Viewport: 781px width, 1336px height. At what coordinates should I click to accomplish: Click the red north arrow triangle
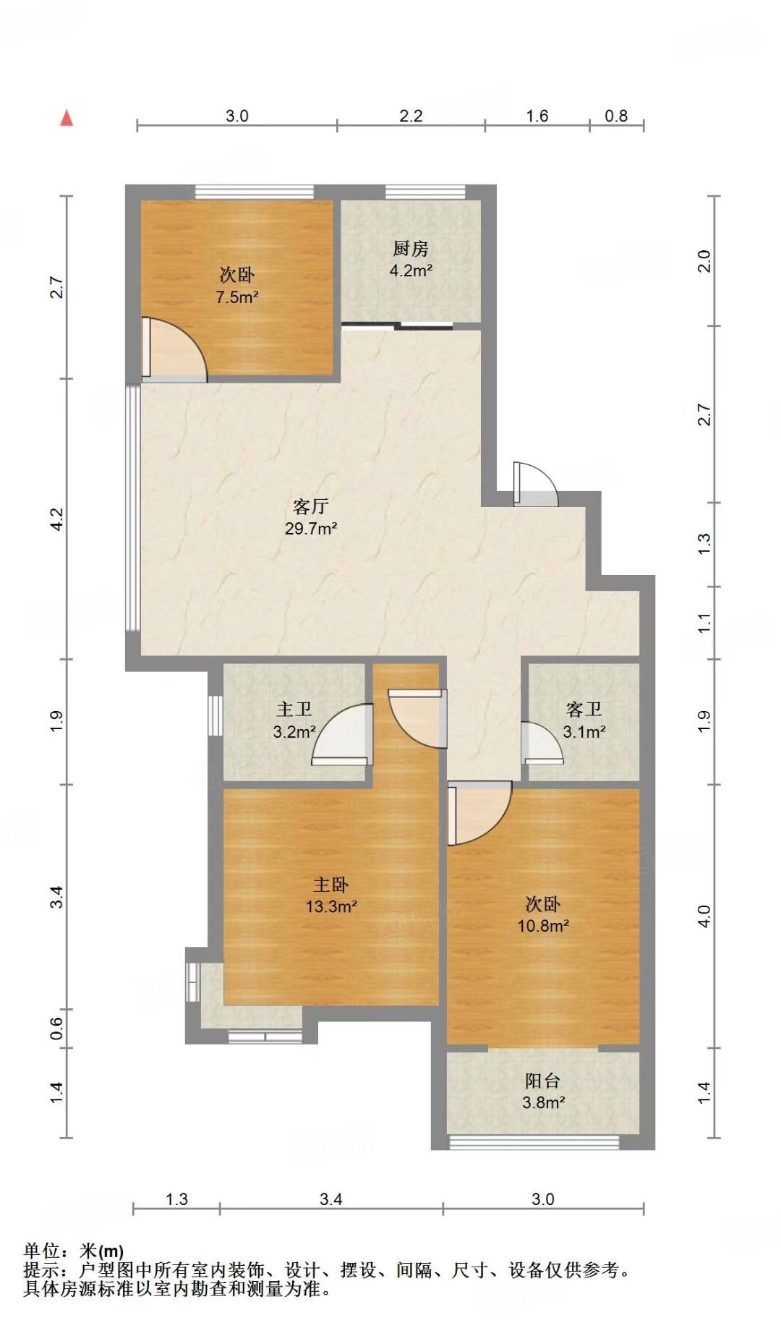(67, 118)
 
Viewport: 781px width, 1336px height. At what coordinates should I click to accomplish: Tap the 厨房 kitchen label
(411, 249)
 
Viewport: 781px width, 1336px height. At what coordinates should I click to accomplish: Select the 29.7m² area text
(311, 528)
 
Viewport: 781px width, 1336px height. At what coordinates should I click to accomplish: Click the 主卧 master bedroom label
(331, 884)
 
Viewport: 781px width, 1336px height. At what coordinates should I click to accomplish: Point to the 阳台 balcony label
(542, 1081)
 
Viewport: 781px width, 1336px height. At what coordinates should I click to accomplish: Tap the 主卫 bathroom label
(294, 710)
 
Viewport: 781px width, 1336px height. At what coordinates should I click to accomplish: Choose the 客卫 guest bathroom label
(584, 710)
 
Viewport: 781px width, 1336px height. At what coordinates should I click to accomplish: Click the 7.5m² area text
(237, 297)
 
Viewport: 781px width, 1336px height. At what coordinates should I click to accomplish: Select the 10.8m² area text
(542, 925)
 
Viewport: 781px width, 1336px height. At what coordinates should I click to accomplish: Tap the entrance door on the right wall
(535, 484)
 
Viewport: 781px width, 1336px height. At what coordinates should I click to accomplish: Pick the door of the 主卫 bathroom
(341, 734)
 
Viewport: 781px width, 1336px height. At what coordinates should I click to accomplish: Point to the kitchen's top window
(424, 192)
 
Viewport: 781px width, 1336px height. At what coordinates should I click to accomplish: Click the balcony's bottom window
(534, 1143)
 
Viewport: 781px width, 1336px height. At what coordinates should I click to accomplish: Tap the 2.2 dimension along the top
(411, 116)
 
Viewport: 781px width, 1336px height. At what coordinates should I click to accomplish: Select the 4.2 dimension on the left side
(58, 519)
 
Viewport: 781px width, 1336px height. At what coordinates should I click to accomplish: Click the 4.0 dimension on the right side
(706, 916)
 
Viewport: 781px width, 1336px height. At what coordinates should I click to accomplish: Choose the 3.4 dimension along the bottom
(330, 1199)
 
